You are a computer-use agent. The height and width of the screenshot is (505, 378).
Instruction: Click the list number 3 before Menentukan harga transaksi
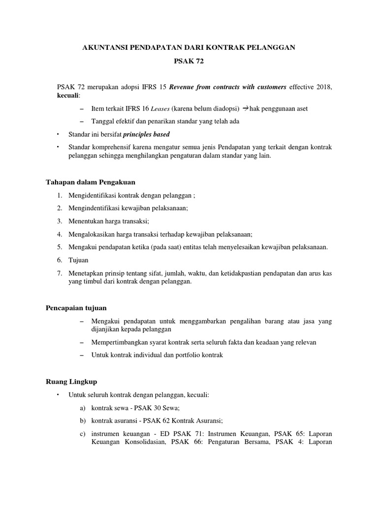point(59,221)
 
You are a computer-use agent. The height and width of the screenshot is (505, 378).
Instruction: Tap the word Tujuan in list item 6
point(79,260)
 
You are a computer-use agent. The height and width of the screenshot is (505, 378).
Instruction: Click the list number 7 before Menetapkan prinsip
point(59,273)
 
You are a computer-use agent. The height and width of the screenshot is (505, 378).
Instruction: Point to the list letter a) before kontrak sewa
point(82,408)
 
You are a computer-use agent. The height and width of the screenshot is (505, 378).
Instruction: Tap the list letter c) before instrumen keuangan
point(82,433)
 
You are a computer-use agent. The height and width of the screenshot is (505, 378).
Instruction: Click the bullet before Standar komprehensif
point(58,147)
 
